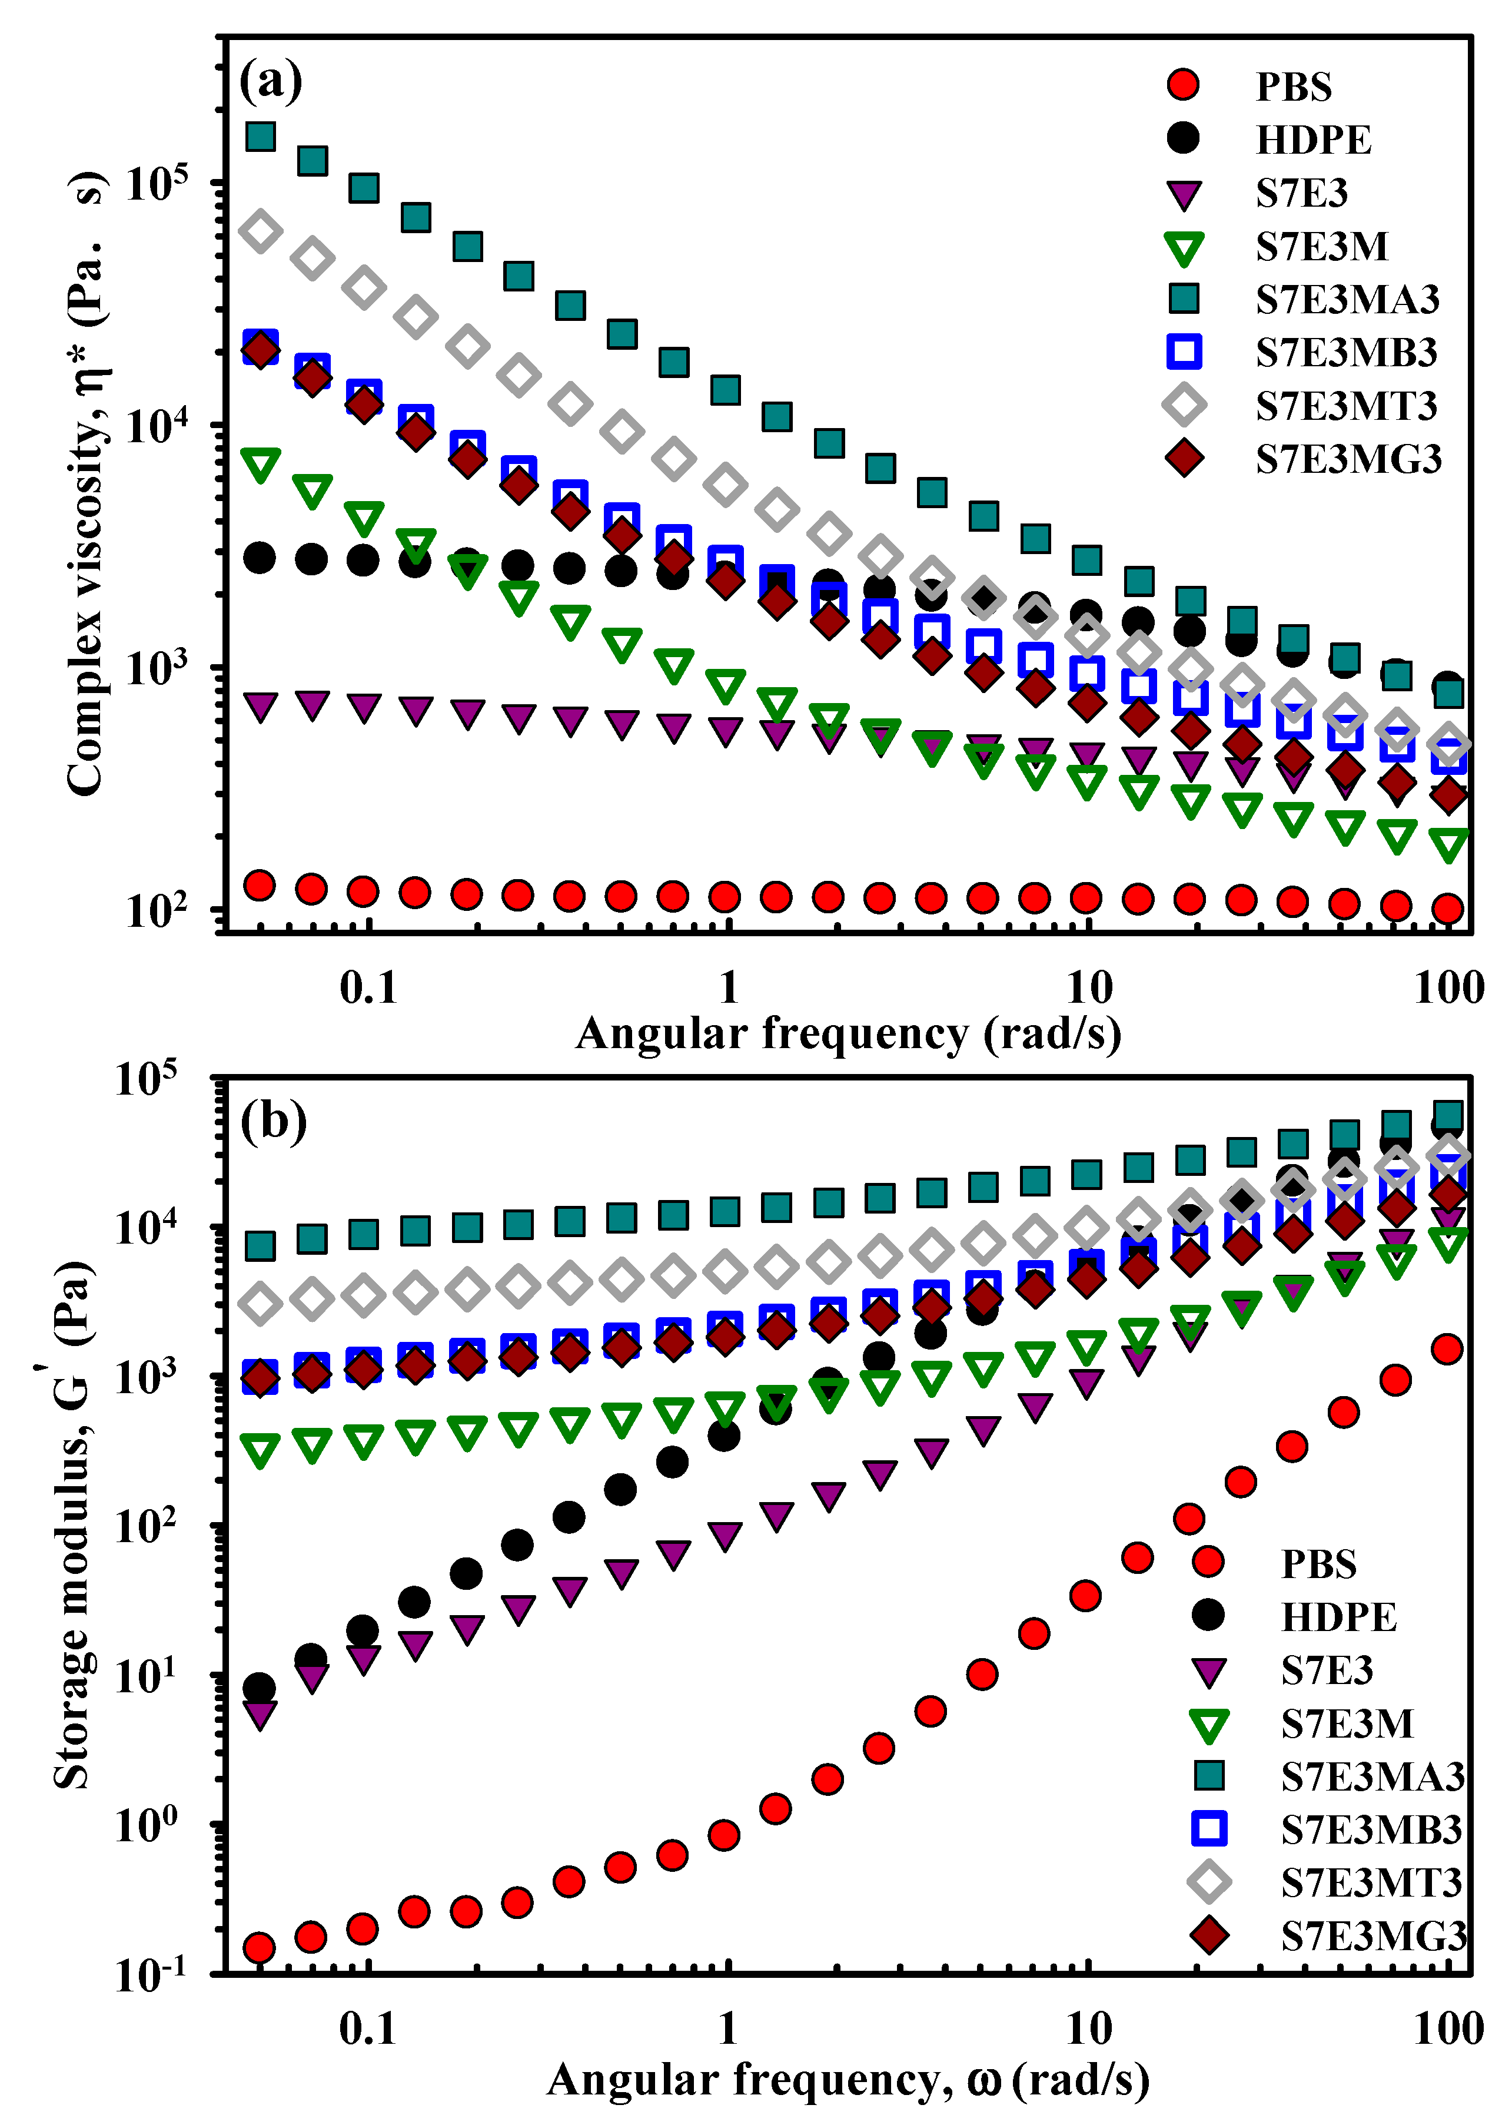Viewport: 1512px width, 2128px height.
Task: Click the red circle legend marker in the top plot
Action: [x=1184, y=85]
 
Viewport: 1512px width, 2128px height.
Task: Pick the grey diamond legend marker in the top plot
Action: [x=1184, y=404]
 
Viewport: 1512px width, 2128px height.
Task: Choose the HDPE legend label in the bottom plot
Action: [x=1338, y=1617]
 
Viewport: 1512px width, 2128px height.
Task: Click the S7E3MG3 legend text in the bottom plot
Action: [x=1373, y=1936]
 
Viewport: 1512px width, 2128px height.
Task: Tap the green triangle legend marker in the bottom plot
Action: [x=1208, y=1725]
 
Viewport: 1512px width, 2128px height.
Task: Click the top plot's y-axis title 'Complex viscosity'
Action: [x=86, y=484]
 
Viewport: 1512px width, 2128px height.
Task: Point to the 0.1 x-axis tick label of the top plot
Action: [x=368, y=987]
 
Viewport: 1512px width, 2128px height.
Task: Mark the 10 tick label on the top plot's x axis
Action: [x=1088, y=987]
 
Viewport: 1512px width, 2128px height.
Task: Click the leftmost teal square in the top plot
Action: [x=261, y=136]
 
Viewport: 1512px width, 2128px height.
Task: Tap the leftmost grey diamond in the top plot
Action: [x=261, y=231]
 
